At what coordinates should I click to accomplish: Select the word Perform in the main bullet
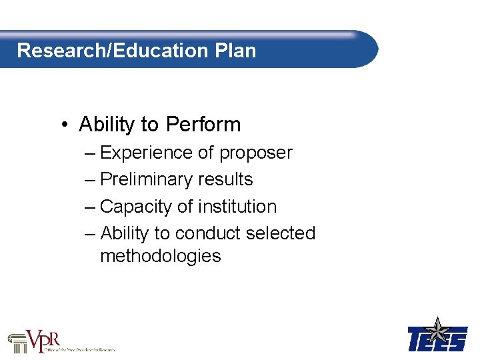coord(203,125)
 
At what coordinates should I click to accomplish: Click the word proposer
coord(255,153)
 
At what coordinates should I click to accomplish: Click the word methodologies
coord(160,256)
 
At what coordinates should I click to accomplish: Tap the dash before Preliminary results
coord(91,180)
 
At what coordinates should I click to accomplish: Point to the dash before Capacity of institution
coord(91,207)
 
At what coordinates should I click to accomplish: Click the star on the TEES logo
coord(437,329)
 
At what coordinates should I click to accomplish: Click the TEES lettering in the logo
coord(437,340)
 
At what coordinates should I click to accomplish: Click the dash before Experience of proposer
coord(91,153)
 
